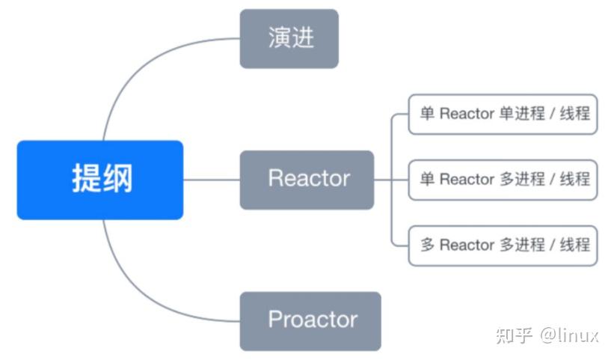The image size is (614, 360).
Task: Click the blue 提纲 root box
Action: [x=99, y=180]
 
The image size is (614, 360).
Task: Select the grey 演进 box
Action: [x=289, y=39]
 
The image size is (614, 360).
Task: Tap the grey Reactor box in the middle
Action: [x=307, y=180]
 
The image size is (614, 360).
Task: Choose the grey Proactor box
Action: [x=310, y=321]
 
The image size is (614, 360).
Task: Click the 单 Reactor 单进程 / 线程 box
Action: [x=503, y=114]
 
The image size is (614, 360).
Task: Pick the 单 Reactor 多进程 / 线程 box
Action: [x=503, y=180]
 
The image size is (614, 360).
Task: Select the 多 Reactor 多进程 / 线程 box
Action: [x=503, y=245]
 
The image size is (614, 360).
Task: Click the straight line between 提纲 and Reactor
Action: [x=211, y=180]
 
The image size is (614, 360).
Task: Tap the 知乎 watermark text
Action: [x=513, y=335]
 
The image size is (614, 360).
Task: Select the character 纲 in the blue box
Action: [x=117, y=180]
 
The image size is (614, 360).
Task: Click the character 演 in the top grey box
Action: [x=278, y=39]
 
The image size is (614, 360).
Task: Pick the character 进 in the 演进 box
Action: [x=301, y=39]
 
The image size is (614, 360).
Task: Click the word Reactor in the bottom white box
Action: [x=467, y=245]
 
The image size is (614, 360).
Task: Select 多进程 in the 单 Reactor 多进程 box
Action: [x=521, y=180]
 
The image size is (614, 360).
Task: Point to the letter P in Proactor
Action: [x=274, y=321]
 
